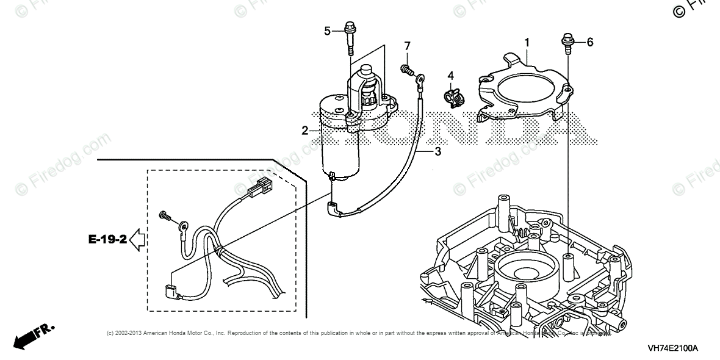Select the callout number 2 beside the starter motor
(x=304, y=130)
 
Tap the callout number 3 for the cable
(x=437, y=151)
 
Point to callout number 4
(x=451, y=76)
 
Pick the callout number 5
(x=327, y=31)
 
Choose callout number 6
(x=590, y=42)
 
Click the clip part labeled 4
(x=453, y=95)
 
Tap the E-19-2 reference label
(x=107, y=239)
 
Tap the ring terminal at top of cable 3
(x=420, y=77)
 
